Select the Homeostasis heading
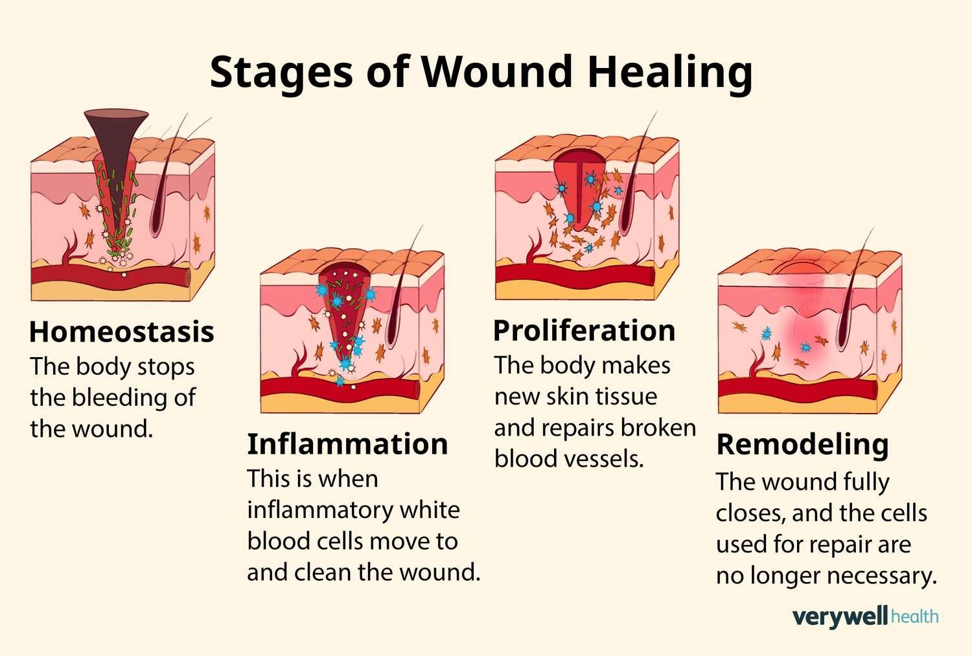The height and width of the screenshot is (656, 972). (x=122, y=332)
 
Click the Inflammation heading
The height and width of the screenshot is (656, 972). (x=347, y=444)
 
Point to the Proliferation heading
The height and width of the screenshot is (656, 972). (x=584, y=331)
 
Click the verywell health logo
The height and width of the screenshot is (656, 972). (x=865, y=616)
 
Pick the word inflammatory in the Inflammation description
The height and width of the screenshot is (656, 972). (x=319, y=511)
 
